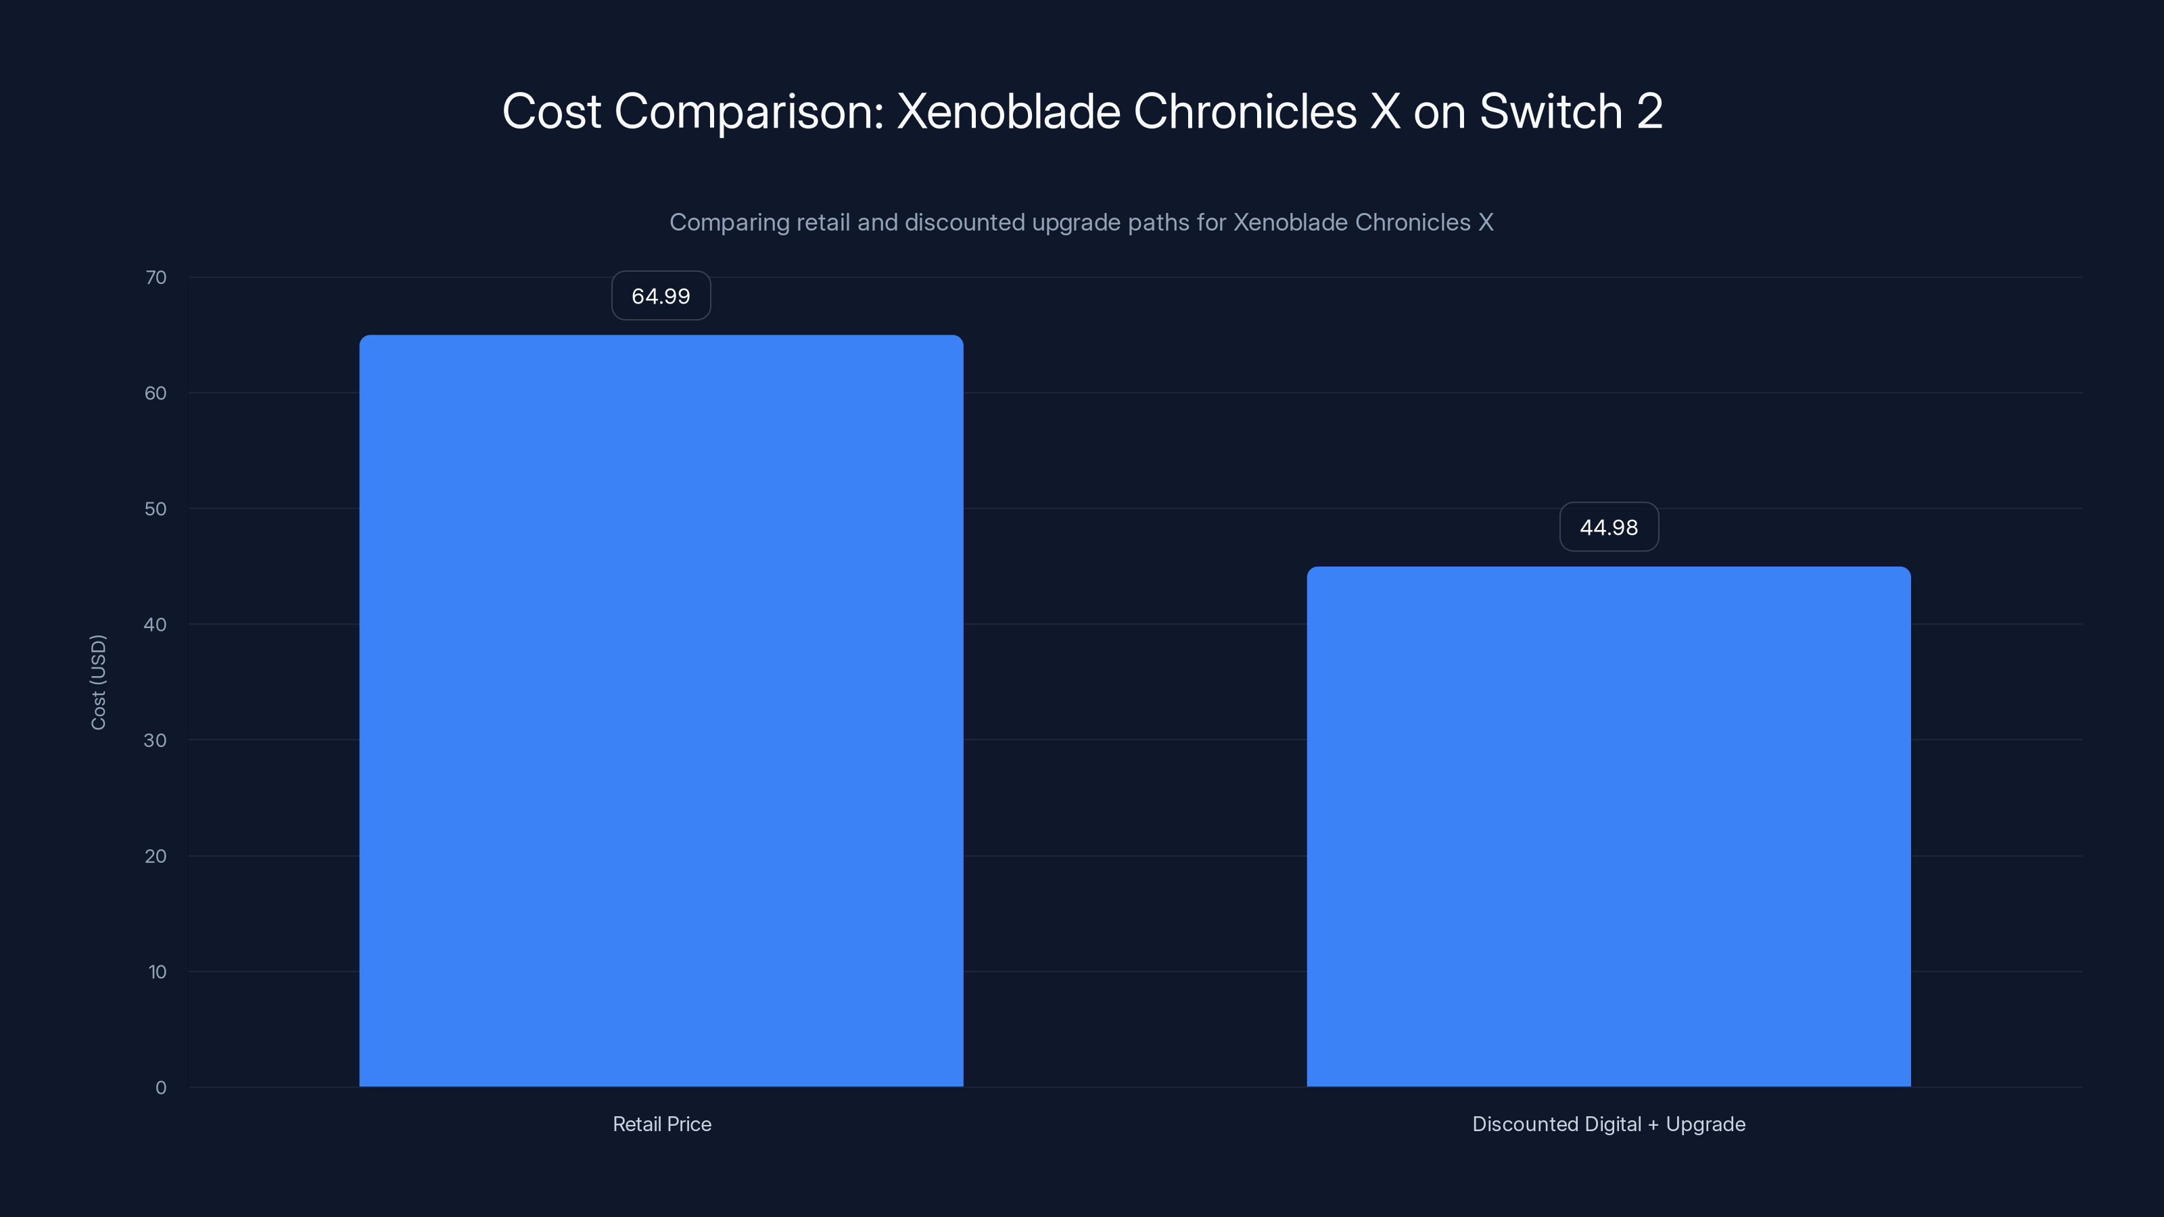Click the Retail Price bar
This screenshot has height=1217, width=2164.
[661, 711]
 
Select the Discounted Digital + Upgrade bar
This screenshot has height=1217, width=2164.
[1608, 826]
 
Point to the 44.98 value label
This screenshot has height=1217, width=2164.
[1608, 527]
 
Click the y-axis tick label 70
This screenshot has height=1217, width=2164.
[156, 277]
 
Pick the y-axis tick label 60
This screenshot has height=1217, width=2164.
[156, 393]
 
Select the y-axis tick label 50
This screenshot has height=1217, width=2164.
[156, 509]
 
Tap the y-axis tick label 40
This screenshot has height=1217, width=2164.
[156, 624]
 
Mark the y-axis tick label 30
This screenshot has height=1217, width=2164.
[156, 740]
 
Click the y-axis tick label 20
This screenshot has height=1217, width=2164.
[156, 856]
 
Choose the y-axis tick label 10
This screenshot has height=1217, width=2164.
[157, 972]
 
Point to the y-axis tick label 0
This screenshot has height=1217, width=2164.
[160, 1088]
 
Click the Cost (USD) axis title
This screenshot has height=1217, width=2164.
[98, 682]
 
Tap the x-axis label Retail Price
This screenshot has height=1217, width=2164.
[661, 1124]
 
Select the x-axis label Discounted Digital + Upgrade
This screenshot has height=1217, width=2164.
[1608, 1124]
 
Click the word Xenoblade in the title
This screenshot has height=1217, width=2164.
[1008, 111]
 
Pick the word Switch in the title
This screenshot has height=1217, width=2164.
[1550, 111]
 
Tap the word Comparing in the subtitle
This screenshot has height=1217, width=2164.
[728, 222]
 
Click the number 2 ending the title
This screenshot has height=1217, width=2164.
[1649, 111]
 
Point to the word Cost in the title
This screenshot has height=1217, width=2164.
[551, 111]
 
